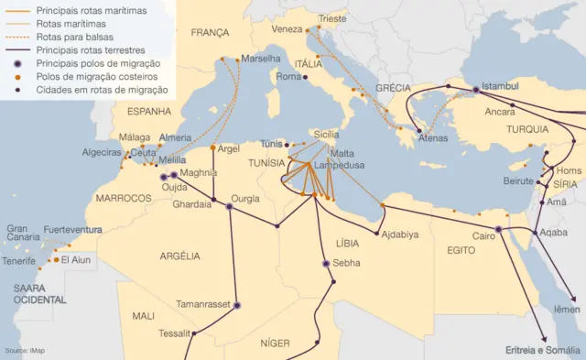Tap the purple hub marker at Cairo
pyautogui.click(x=498, y=230)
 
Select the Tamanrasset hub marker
pyautogui.click(x=237, y=306)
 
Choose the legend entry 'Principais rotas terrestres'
pyautogui.click(x=94, y=50)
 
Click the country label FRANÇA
pyautogui.click(x=210, y=32)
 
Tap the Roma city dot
pyautogui.click(x=304, y=78)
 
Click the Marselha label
pyautogui.click(x=262, y=59)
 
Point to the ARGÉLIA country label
pyautogui.click(x=179, y=256)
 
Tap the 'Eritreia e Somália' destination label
pyautogui.click(x=543, y=350)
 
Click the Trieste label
pyautogui.click(x=332, y=17)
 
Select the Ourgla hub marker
pyautogui.click(x=230, y=207)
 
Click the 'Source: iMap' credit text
pyautogui.click(x=24, y=351)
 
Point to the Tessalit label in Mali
pyautogui.click(x=175, y=333)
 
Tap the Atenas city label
pyautogui.click(x=433, y=138)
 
